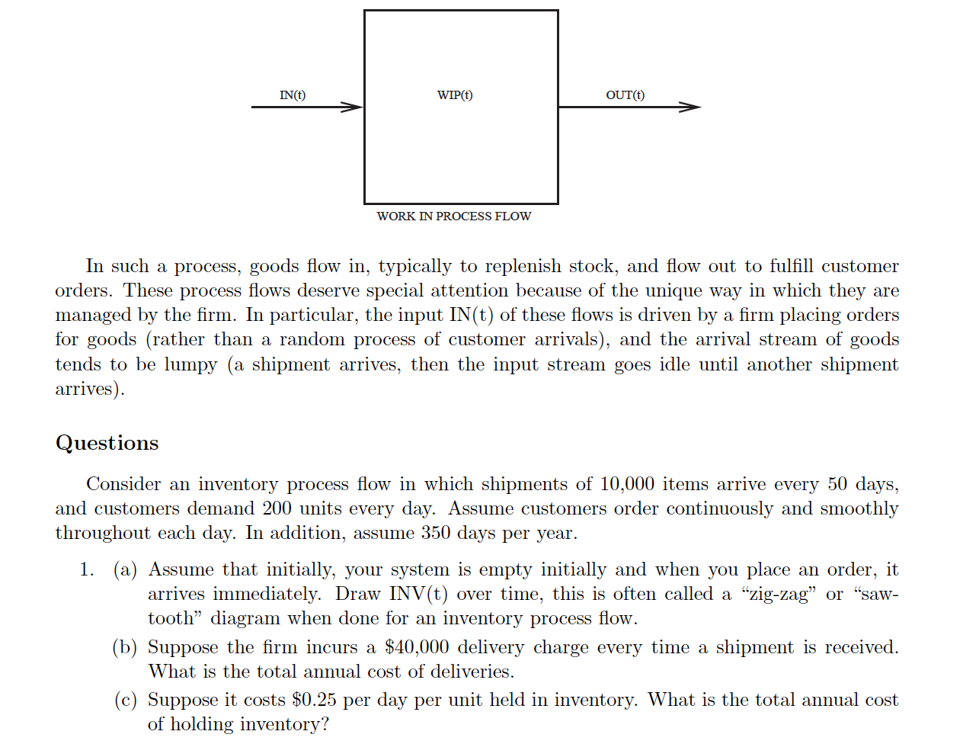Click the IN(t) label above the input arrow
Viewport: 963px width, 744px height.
pyautogui.click(x=293, y=95)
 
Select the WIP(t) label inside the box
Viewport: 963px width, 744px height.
pyautogui.click(x=455, y=95)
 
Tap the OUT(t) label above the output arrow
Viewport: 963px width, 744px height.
pyautogui.click(x=625, y=95)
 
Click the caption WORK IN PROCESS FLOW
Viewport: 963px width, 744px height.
pyautogui.click(x=453, y=216)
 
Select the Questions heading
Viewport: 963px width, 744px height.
pyautogui.click(x=107, y=443)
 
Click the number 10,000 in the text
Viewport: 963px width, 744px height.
pyautogui.click(x=626, y=484)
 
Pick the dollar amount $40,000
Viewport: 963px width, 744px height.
pyautogui.click(x=417, y=647)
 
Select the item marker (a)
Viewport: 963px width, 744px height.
pyautogui.click(x=125, y=569)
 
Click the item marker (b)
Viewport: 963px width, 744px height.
pyautogui.click(x=125, y=647)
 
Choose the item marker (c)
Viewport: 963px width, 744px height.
pyautogui.click(x=125, y=700)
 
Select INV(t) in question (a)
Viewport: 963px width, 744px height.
pyautogui.click(x=418, y=594)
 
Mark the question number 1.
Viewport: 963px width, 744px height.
pyautogui.click(x=86, y=569)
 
